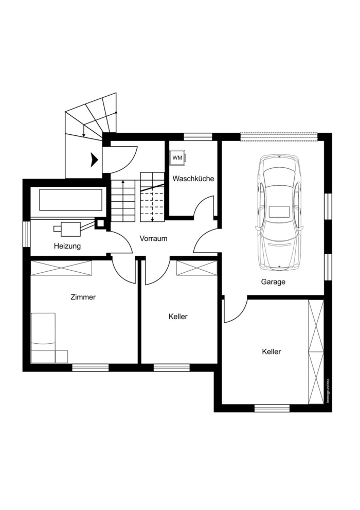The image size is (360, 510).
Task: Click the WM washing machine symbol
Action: [177, 158]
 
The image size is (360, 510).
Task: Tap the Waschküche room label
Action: [193, 179]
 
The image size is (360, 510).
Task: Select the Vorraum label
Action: [153, 238]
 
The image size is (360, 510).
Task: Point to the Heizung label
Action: [67, 246]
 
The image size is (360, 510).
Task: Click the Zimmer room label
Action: [83, 297]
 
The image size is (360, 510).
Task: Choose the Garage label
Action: [273, 282]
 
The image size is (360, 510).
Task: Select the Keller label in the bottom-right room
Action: [272, 351]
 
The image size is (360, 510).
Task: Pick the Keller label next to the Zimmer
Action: [178, 316]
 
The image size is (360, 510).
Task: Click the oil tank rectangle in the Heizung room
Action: [71, 199]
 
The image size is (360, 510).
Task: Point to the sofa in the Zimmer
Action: [49, 338]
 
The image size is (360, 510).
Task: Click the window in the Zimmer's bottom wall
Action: [91, 367]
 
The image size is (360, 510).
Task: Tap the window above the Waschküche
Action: [198, 137]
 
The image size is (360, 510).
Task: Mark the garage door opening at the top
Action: [279, 137]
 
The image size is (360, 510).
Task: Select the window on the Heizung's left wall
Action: [26, 234]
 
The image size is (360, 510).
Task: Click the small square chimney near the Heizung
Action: [100, 223]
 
